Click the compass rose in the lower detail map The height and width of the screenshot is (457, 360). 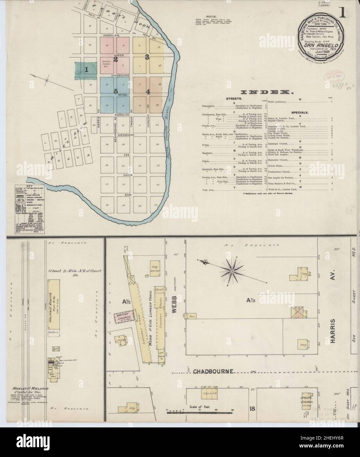(x=232, y=271)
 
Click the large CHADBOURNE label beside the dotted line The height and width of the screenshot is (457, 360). (x=214, y=371)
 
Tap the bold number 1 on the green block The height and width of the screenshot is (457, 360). (x=86, y=70)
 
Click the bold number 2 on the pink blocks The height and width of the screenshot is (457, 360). (x=115, y=60)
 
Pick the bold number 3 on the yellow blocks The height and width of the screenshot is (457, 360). (x=147, y=57)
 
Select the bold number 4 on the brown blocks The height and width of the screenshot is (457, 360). (x=148, y=92)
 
